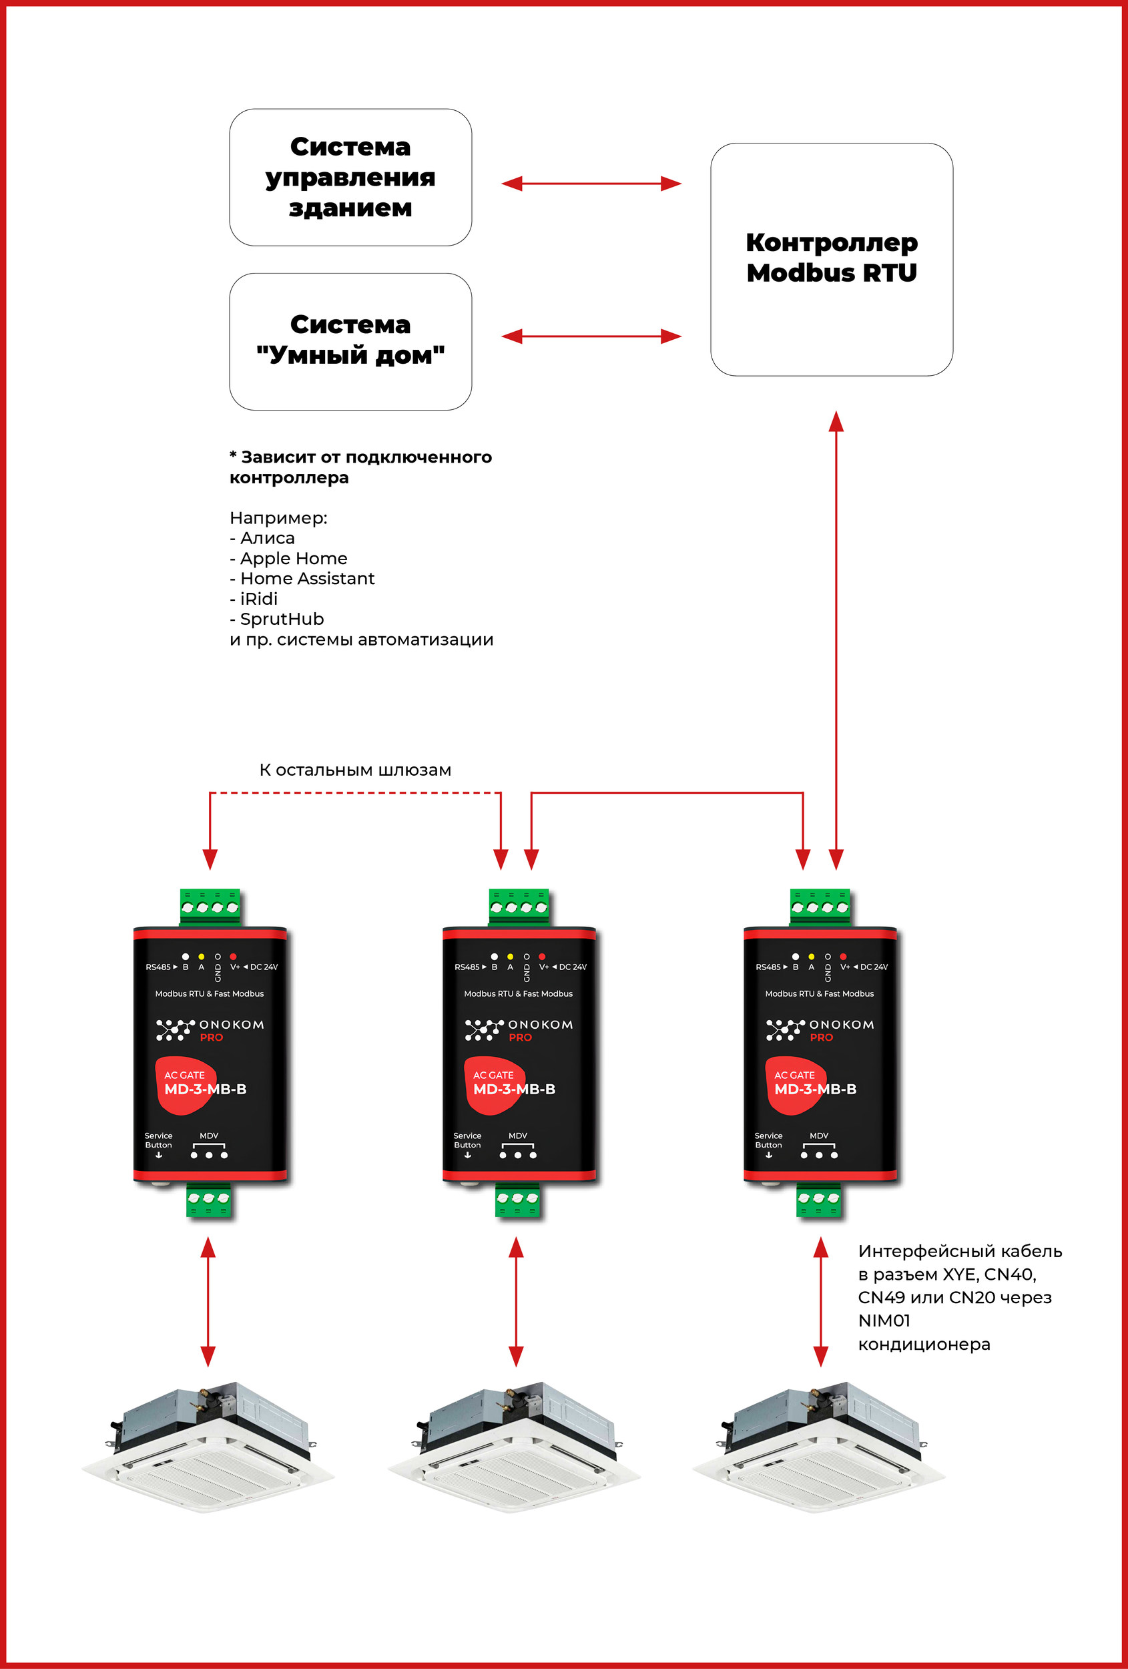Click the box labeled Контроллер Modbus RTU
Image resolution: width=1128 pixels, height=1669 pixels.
coord(832,258)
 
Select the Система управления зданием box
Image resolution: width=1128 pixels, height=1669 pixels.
coord(350,178)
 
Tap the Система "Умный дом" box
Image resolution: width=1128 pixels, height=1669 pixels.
coord(350,340)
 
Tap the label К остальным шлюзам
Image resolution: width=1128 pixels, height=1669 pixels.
coord(354,770)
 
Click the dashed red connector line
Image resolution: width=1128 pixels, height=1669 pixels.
coord(354,793)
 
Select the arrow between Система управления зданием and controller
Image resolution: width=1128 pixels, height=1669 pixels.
coord(591,184)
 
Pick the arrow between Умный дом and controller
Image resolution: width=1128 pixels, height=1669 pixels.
coord(591,336)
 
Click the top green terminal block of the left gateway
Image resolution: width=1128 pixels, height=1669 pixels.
coord(210,907)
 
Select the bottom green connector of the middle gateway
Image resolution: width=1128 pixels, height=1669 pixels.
coord(517,1200)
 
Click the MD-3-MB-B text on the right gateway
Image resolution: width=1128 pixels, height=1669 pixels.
coord(815,1090)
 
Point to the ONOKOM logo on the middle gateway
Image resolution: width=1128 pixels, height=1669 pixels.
coord(519,1029)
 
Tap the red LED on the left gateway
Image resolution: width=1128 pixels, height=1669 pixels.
coord(234,957)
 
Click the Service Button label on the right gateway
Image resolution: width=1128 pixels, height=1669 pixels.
coord(768,1140)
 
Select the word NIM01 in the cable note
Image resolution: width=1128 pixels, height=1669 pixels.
coord(884,1320)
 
